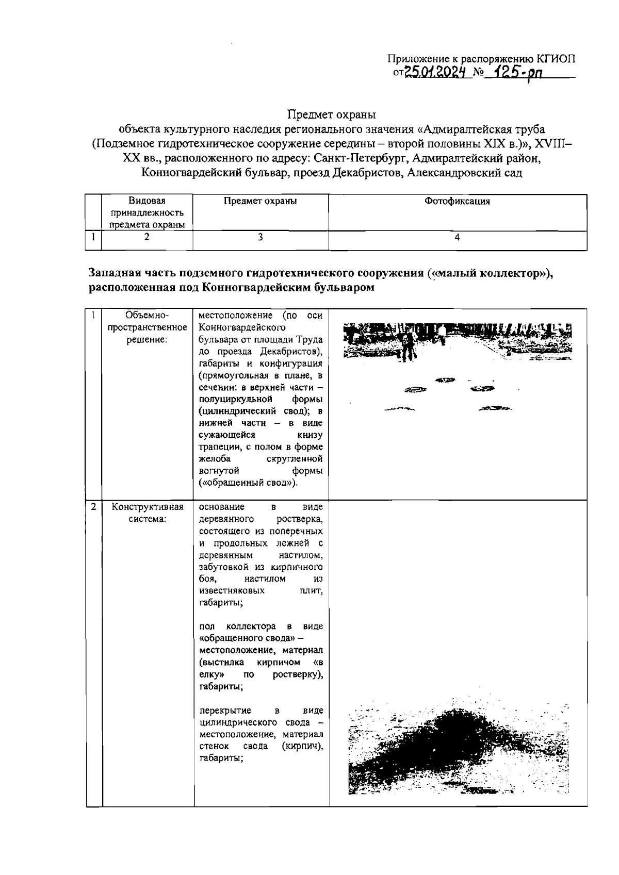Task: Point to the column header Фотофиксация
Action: tap(457, 202)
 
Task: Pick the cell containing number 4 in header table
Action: tap(457, 237)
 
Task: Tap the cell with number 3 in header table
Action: tap(260, 237)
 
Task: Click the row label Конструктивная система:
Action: tap(147, 513)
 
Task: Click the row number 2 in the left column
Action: tap(93, 507)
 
